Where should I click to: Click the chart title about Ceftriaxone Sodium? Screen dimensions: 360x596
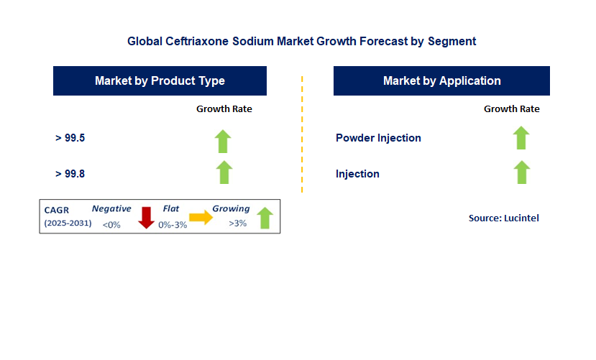point(301,41)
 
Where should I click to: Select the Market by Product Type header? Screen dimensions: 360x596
point(160,81)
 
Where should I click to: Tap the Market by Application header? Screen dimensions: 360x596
point(441,81)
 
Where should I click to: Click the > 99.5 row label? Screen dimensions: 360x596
point(70,138)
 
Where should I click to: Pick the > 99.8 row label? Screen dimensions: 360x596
point(70,174)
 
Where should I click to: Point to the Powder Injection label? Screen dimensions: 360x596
point(378,138)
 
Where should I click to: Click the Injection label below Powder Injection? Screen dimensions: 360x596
point(357,174)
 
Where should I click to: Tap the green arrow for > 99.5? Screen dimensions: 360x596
point(224,141)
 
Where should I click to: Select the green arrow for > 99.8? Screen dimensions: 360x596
point(224,172)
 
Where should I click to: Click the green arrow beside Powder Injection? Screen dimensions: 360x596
point(521,137)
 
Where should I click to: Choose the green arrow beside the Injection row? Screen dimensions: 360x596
point(521,172)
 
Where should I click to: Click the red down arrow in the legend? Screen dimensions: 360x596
point(147,217)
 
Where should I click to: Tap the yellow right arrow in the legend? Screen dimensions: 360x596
point(201,217)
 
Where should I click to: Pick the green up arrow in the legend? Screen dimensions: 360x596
point(265,218)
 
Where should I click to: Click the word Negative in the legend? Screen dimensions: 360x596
point(111,209)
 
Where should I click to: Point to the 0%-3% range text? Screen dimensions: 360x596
point(172,225)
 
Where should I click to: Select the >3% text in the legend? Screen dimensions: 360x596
point(237,223)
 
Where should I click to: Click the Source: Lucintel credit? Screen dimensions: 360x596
point(503,218)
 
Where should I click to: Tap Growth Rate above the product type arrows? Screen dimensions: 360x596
point(224,109)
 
